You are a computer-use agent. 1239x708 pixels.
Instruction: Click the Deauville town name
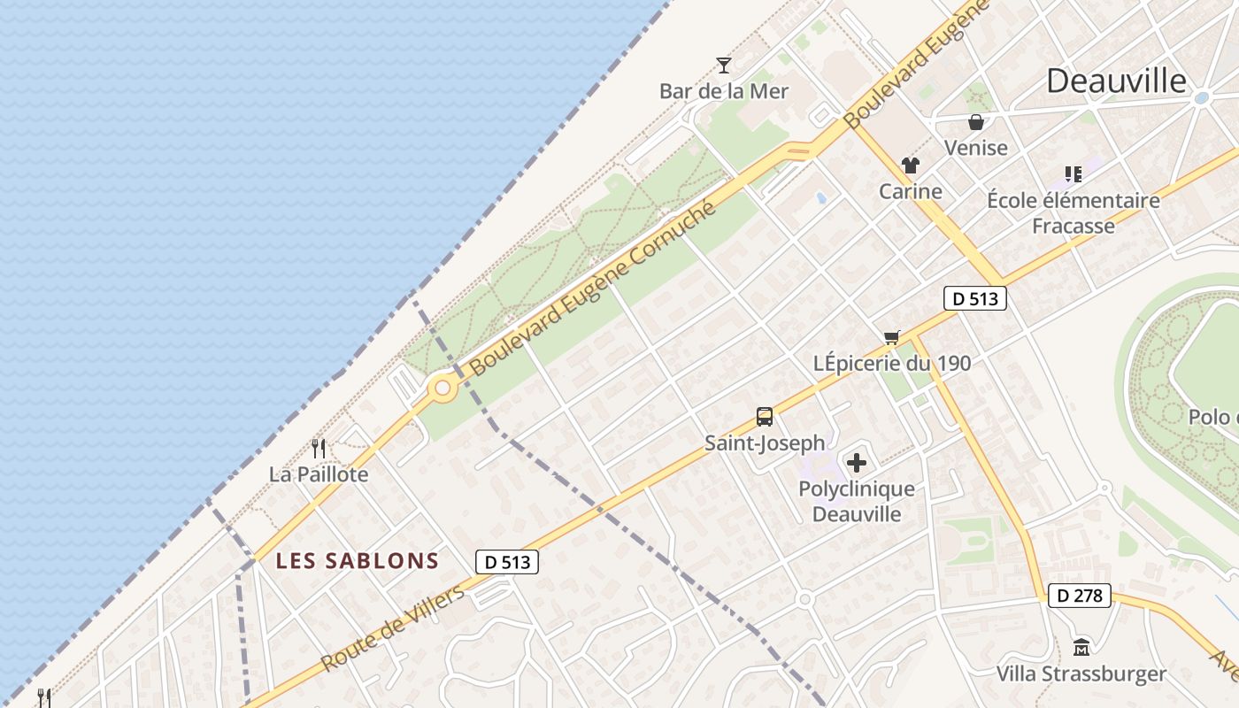1116,81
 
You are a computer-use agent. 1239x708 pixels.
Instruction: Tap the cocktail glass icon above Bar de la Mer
724,65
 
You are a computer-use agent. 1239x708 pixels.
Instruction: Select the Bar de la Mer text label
724,91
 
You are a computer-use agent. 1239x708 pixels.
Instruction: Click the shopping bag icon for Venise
976,122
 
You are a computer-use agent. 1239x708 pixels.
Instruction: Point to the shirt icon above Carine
910,165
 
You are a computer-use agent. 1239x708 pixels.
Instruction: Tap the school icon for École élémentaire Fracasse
1074,174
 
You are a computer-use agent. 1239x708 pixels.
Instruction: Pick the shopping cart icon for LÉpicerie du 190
892,337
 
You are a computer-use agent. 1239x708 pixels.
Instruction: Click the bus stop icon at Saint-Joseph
765,417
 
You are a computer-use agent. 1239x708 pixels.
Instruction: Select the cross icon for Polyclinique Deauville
857,463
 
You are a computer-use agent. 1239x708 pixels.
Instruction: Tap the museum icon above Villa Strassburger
1081,648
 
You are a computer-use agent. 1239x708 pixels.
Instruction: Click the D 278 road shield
1080,596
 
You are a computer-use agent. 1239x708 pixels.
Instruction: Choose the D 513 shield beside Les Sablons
507,561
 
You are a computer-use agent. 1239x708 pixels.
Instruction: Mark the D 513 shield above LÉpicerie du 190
975,299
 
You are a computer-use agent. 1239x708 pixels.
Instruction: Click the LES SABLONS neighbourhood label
357,560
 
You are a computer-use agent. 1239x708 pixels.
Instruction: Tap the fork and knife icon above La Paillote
319,449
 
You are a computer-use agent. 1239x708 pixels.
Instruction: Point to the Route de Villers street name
393,627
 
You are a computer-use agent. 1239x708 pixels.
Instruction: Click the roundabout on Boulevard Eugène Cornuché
442,388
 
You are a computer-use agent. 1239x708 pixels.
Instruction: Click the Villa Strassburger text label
1081,674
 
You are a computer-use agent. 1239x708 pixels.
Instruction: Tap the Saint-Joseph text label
765,442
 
